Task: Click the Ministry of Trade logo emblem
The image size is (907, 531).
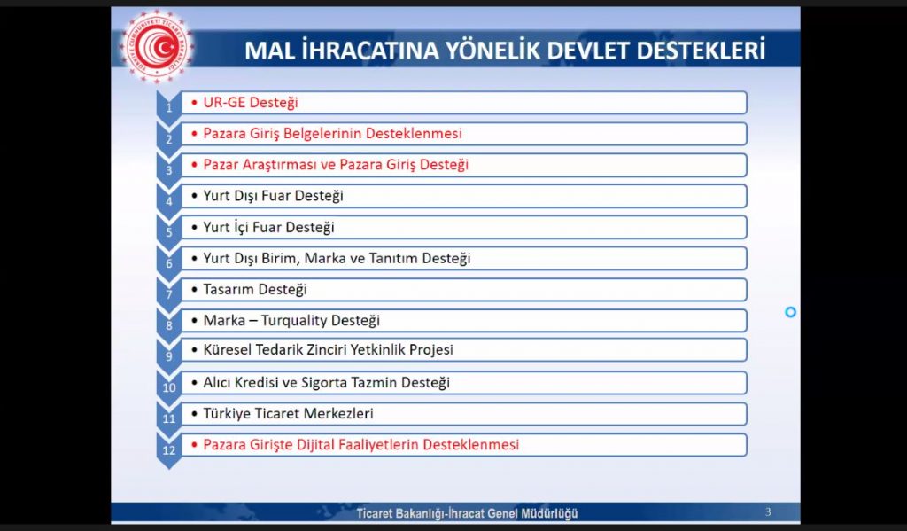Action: tap(157, 46)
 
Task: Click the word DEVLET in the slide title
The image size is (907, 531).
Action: tap(588, 51)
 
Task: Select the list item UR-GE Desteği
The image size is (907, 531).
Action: tap(251, 103)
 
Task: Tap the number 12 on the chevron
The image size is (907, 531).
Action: tap(169, 449)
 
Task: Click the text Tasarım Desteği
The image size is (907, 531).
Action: tap(254, 289)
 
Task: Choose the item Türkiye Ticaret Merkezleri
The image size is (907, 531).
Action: tap(288, 413)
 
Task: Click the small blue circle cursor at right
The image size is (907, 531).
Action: tap(790, 312)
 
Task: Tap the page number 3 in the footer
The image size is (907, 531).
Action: tap(768, 511)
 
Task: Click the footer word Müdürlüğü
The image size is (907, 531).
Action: tap(549, 513)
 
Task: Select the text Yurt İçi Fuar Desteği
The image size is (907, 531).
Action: tap(268, 227)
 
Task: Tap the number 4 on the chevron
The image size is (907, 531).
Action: tap(169, 201)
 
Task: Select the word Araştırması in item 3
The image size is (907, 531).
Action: tap(283, 165)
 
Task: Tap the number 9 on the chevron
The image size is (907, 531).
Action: tap(169, 356)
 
